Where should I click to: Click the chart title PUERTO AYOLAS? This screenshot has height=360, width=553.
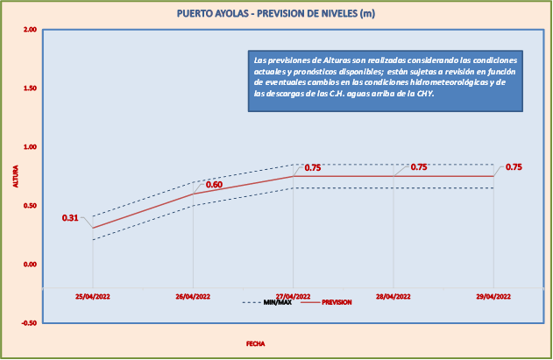coord(276,13)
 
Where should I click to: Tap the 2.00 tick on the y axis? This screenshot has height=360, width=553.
coord(30,30)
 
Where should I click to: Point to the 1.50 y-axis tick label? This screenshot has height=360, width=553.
coord(30,88)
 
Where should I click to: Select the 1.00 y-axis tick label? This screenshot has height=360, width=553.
coord(30,147)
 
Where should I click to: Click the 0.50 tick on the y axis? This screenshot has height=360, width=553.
coord(30,206)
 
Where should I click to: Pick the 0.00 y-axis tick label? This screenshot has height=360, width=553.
coord(30,265)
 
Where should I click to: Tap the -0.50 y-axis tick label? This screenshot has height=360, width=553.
coord(29,323)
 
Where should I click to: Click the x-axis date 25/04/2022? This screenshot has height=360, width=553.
coord(93,296)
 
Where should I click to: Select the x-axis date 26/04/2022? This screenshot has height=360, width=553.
coord(194,296)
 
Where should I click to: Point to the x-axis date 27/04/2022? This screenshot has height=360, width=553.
coord(294,296)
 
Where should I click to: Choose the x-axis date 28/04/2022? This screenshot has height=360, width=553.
coord(393,296)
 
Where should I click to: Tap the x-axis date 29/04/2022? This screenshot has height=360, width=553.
coord(493,296)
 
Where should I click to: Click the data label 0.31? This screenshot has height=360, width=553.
coord(70,217)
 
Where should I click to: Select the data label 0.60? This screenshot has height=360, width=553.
coord(214,185)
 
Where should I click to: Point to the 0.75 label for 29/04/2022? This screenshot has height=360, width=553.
coord(514,167)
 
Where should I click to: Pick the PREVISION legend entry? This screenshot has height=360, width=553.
coord(337,302)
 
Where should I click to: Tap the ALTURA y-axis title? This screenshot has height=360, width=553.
coord(15,176)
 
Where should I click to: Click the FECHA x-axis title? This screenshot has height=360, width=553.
coord(255,344)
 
